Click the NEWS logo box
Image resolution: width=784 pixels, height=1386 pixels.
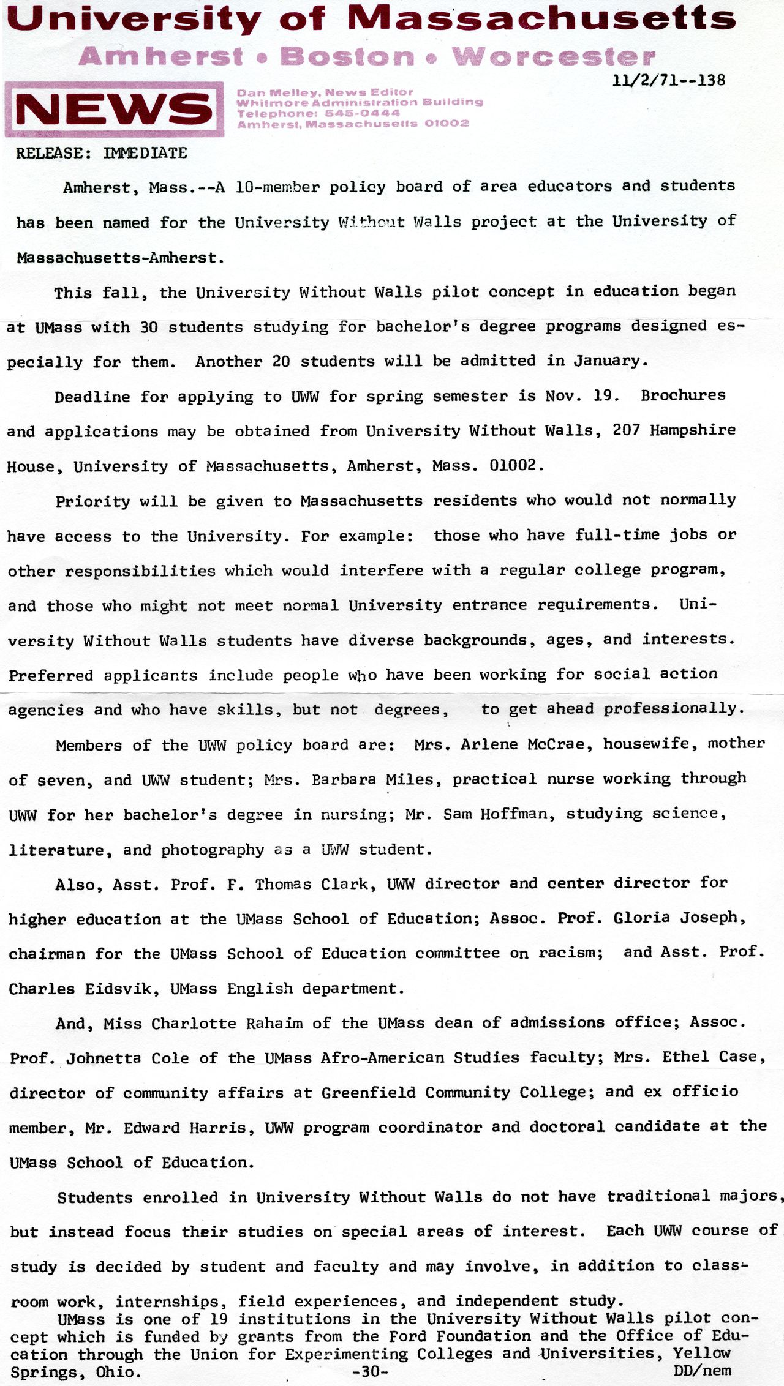pos(114,109)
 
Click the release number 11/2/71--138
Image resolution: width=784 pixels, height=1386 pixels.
pos(669,80)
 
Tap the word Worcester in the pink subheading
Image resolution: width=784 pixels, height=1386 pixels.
pos(554,57)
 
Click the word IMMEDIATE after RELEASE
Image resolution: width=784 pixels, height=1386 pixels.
pos(145,153)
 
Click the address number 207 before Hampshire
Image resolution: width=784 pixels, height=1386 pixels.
pos(626,430)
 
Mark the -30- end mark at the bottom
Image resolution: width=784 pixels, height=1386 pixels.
pos(371,1372)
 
